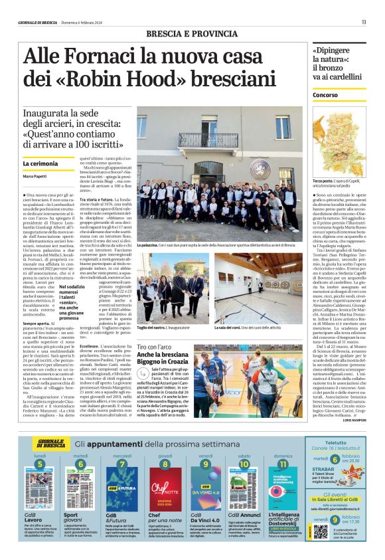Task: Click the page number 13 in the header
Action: pyautogui.click(x=364, y=22)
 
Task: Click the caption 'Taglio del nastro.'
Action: pyautogui.click(x=154, y=327)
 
